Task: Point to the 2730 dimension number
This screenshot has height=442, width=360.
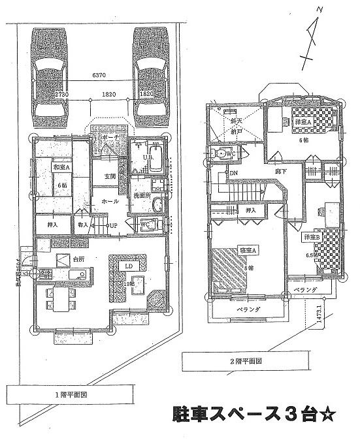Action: pyautogui.click(x=63, y=94)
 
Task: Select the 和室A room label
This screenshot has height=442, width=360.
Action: pyautogui.click(x=61, y=167)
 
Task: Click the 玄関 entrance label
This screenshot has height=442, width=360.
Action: pyautogui.click(x=109, y=177)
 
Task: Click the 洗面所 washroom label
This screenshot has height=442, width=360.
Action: pyautogui.click(x=142, y=195)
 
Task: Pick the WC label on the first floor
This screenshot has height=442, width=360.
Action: pyautogui.click(x=146, y=224)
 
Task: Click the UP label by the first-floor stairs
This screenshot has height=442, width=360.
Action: pyautogui.click(x=112, y=226)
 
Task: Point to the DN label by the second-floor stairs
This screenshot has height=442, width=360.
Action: pyautogui.click(x=233, y=173)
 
